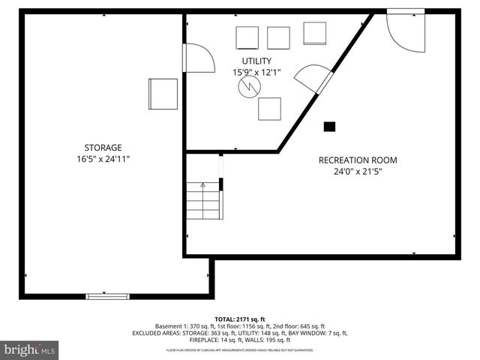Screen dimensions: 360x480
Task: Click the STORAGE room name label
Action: [103, 148]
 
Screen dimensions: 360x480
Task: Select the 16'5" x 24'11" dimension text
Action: [103, 159]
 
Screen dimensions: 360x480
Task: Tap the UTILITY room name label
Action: [256, 61]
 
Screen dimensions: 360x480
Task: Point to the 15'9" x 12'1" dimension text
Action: [256, 72]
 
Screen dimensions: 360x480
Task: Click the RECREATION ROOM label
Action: [358, 160]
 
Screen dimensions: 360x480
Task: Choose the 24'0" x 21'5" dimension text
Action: [358, 171]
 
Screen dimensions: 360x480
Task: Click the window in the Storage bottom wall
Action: [108, 296]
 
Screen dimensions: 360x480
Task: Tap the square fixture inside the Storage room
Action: [163, 93]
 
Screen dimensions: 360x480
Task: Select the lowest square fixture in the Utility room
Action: [269, 109]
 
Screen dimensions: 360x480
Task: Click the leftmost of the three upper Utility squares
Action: [247, 37]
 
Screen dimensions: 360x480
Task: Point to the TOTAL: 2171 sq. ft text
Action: [240, 319]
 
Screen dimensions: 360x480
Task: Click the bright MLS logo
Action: [30, 349]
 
